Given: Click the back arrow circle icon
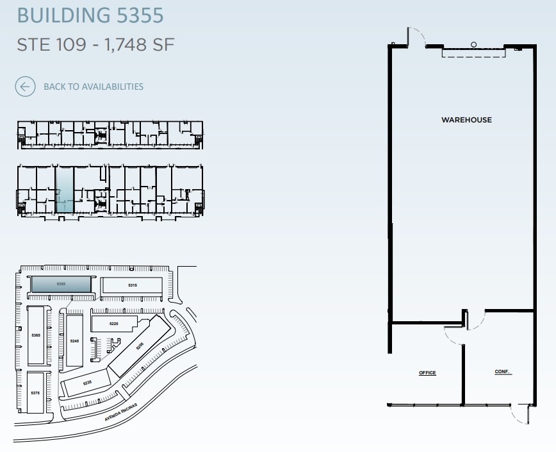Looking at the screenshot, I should point(25,87).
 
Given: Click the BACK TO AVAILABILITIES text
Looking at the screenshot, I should point(94,87).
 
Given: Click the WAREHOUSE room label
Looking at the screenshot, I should point(466,120).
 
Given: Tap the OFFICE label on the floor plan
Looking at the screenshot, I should point(427,373).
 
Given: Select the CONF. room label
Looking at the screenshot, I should point(503,372).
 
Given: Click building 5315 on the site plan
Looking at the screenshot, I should point(133,285).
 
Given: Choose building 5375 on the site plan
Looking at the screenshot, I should point(35,392).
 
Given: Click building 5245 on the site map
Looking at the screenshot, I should point(74,341).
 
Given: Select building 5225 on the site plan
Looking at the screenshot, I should point(114,324).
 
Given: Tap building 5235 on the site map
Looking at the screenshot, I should point(87,383).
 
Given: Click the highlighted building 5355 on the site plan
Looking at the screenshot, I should point(61,284).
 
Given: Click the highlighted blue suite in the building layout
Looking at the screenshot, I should point(64,188).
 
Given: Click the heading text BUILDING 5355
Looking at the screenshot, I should point(90,15).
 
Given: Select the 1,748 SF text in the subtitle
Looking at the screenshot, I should point(138,46).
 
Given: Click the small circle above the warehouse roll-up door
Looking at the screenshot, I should point(474,44).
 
